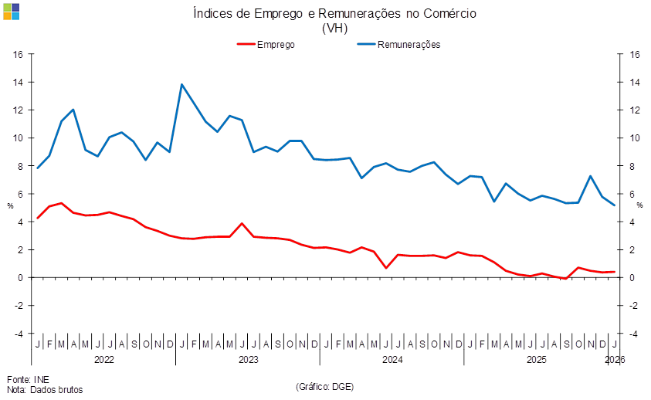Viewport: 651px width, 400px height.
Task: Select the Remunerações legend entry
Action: point(409,44)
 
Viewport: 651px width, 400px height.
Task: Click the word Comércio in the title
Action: point(449,13)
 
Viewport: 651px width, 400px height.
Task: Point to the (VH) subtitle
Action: point(334,28)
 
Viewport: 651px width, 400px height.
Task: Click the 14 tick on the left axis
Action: point(19,82)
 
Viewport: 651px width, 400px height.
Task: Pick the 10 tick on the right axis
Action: point(635,138)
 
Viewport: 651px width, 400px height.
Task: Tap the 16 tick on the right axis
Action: point(635,54)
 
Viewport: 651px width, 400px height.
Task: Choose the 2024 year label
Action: point(392,360)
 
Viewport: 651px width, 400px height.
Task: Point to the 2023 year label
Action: point(248,360)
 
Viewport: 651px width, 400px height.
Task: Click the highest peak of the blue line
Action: point(181,85)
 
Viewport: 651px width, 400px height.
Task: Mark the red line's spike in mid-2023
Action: point(242,224)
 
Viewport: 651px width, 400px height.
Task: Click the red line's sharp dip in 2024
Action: point(386,267)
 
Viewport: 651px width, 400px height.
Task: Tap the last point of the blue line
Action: point(615,205)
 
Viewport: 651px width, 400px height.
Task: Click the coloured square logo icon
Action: point(12,11)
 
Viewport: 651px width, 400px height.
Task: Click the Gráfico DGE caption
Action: point(324,385)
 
